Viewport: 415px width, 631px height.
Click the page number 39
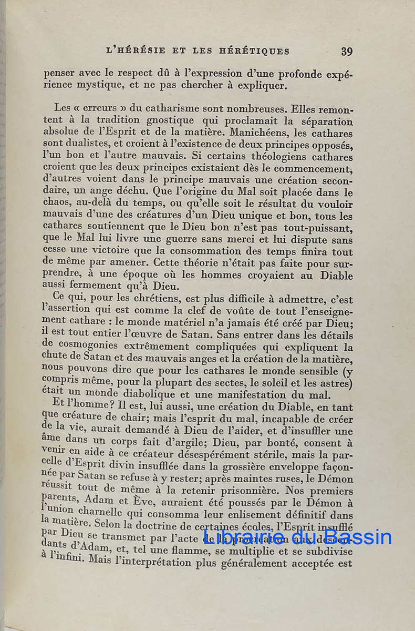347,52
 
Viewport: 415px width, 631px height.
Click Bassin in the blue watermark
357,537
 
